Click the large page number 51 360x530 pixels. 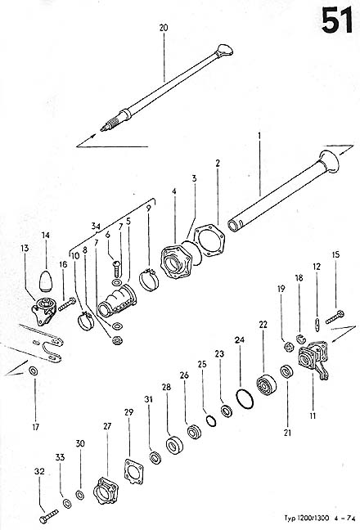pos(336,20)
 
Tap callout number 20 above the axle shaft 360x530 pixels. pos(164,28)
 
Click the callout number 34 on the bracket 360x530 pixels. pos(96,226)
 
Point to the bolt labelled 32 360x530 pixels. pos(49,516)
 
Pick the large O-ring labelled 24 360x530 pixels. pos(245,399)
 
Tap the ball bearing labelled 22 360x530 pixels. pos(267,384)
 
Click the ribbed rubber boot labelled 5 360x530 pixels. pos(117,301)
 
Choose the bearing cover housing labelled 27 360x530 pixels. pos(106,490)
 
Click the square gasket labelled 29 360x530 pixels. pos(134,471)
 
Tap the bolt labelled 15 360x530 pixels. pos(335,317)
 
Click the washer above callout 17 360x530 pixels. pos(34,371)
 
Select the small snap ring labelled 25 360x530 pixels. pos(211,421)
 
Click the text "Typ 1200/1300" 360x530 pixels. pos(306,518)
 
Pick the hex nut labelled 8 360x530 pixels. pos(117,340)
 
